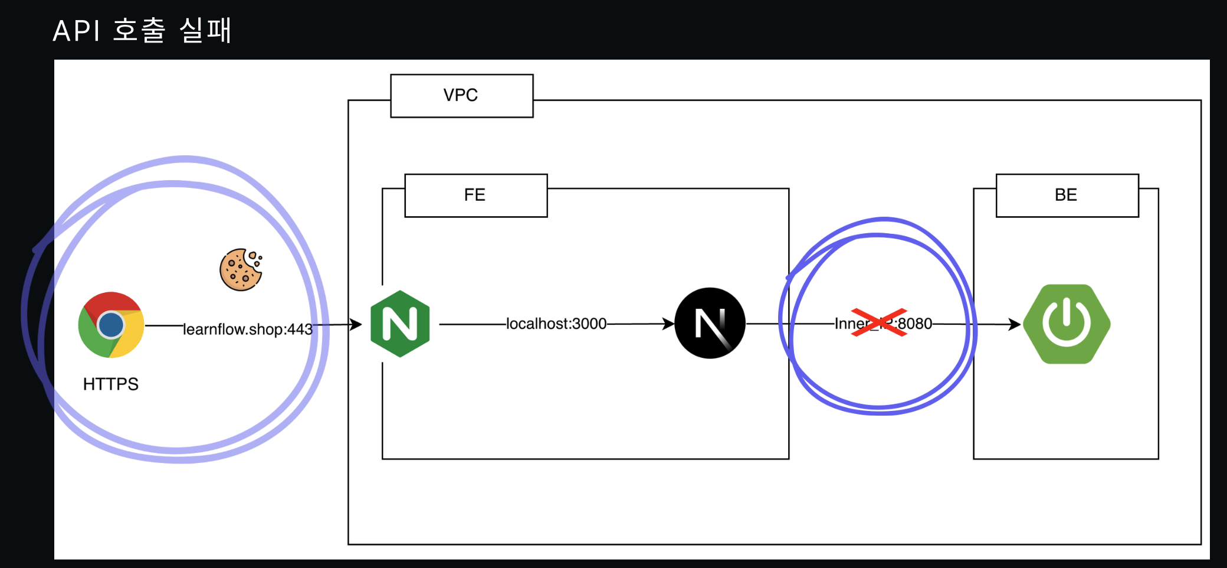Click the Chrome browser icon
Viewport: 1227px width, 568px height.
tap(111, 324)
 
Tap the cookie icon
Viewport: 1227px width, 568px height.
tap(241, 270)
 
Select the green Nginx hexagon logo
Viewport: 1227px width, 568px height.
tap(400, 324)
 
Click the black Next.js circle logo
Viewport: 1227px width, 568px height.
tap(710, 323)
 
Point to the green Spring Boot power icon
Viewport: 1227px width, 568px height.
tap(1066, 324)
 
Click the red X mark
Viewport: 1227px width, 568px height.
tap(879, 322)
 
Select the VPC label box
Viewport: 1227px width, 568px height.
tap(461, 96)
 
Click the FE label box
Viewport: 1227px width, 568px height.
tap(475, 195)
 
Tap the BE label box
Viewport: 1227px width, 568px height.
tap(1067, 195)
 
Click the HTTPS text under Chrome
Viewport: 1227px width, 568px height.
tap(111, 384)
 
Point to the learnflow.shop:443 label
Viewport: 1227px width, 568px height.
tap(248, 329)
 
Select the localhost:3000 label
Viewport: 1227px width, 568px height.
tap(556, 324)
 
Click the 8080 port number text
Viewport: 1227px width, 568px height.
tap(916, 324)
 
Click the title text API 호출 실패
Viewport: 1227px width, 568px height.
tap(142, 31)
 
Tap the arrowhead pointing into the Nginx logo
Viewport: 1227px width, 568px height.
tap(356, 324)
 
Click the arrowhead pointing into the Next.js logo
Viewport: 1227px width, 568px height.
tap(668, 324)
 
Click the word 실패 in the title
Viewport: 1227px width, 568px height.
tap(205, 31)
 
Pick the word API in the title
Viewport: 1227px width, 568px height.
tap(77, 31)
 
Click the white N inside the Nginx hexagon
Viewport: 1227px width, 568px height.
tap(400, 324)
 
